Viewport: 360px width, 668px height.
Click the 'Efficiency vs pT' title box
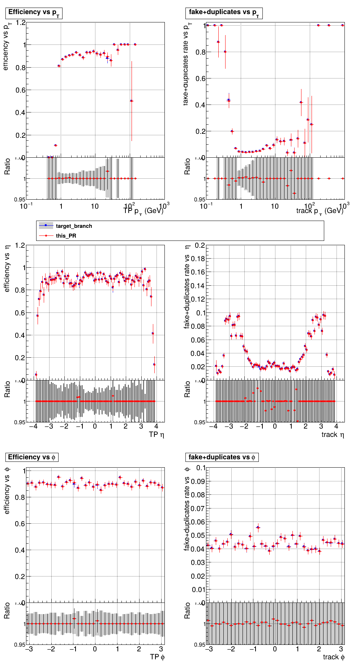point(34,13)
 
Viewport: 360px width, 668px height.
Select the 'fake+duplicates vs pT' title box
point(224,13)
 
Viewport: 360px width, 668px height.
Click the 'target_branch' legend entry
point(74,226)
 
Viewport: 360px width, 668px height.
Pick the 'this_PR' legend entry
point(66,235)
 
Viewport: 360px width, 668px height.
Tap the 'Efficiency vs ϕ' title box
point(32,457)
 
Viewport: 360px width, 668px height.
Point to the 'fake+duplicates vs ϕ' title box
point(222,457)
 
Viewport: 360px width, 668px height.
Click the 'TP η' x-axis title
point(157,434)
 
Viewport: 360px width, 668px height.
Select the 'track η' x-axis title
point(333,434)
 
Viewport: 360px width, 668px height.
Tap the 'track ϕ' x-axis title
point(334,657)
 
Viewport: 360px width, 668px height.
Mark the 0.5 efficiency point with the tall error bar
point(132,101)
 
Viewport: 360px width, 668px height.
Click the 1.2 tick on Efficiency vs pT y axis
point(21,23)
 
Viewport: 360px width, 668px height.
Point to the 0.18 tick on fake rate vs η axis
point(198,259)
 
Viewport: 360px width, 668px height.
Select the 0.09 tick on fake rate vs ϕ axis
point(198,481)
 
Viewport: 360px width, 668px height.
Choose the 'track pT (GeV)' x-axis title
point(320,211)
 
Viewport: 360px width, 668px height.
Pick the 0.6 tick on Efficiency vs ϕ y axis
point(21,524)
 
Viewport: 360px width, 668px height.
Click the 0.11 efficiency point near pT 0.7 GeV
point(55,145)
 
